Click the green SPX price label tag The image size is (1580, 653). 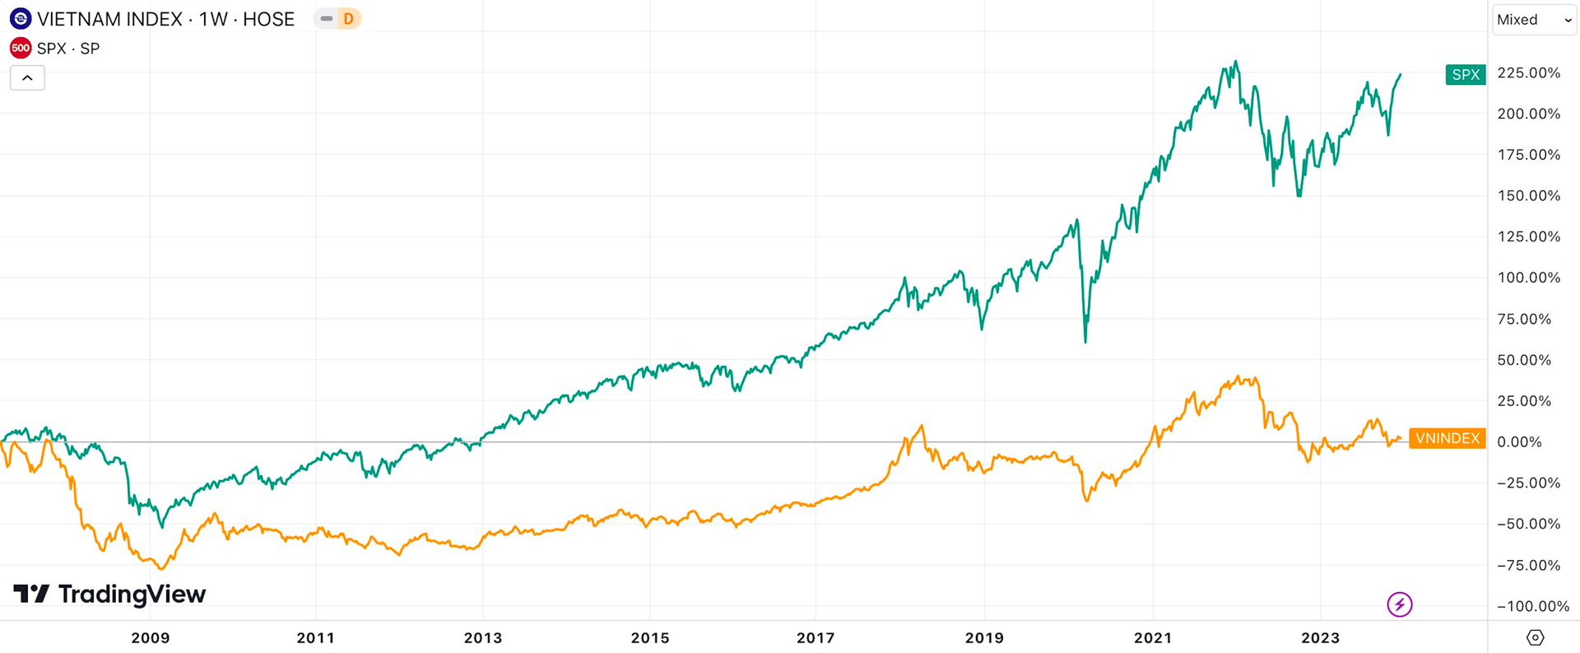[1465, 75]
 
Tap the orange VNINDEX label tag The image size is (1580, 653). [1447, 438]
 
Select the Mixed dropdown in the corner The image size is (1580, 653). [1533, 20]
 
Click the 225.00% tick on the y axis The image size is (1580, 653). [1528, 73]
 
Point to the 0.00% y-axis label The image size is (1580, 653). [1519, 442]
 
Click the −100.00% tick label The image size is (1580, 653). [1532, 606]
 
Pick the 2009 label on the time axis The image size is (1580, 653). [151, 638]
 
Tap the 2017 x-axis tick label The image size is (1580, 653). [816, 638]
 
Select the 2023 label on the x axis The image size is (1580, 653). [1320, 638]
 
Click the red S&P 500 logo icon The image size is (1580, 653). [21, 49]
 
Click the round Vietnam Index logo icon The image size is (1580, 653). [21, 19]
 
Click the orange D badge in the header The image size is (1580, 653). [348, 19]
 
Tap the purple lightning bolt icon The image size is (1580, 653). [1399, 605]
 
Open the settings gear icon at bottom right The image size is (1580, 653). [1535, 637]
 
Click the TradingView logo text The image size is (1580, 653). [110, 594]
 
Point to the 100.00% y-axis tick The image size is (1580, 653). [1528, 278]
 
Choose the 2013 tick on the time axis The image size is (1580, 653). [482, 638]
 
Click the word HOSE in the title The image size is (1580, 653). [268, 19]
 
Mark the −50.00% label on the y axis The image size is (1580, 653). [1528, 524]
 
